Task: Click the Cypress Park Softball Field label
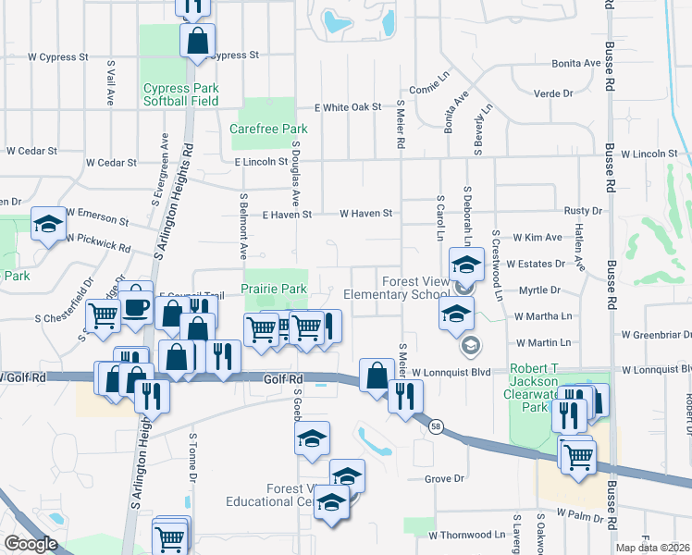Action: coord(180,94)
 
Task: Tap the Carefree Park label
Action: coord(267,129)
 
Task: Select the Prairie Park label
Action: coord(274,290)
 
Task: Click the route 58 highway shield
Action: coord(436,426)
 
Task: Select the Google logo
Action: coord(31,544)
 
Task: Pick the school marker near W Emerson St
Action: coord(48,224)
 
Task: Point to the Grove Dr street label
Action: coord(443,479)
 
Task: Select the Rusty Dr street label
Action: coord(583,212)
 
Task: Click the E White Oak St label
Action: coord(347,107)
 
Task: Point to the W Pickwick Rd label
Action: coord(97,243)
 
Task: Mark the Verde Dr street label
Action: coord(554,93)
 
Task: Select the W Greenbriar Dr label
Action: coord(656,334)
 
